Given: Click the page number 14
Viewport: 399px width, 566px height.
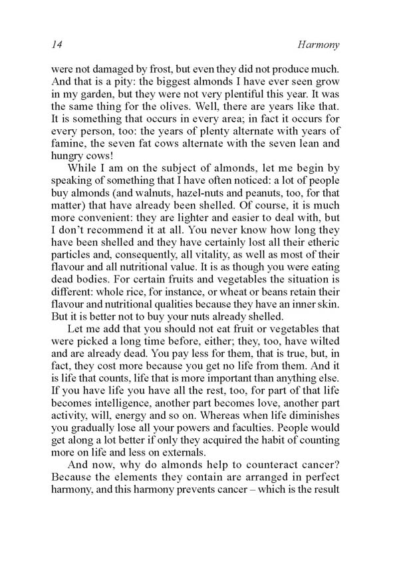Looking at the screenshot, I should click(56, 45).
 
